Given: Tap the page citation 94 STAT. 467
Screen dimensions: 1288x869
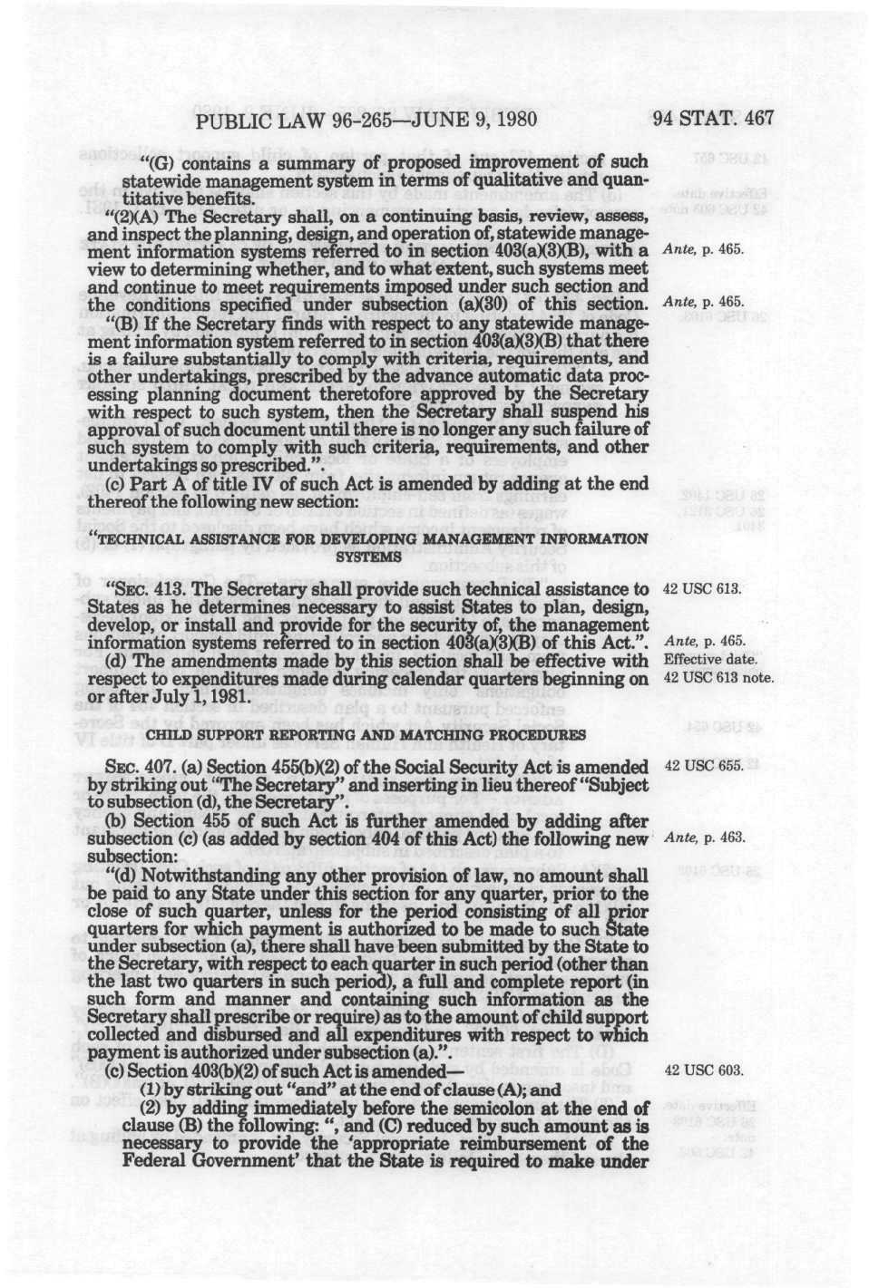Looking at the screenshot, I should pyautogui.click(x=714, y=119).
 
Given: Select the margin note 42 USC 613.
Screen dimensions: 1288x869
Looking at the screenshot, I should pyautogui.click(x=704, y=589).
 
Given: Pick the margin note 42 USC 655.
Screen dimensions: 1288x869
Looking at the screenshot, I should pyautogui.click(x=705, y=766).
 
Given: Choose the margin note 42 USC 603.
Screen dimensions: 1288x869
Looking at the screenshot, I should pyautogui.click(x=705, y=1070).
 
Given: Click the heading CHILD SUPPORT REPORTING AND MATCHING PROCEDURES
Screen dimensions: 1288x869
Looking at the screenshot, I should pyautogui.click(x=366, y=732).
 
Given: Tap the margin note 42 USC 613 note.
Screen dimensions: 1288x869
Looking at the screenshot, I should pyautogui.click(x=719, y=677).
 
